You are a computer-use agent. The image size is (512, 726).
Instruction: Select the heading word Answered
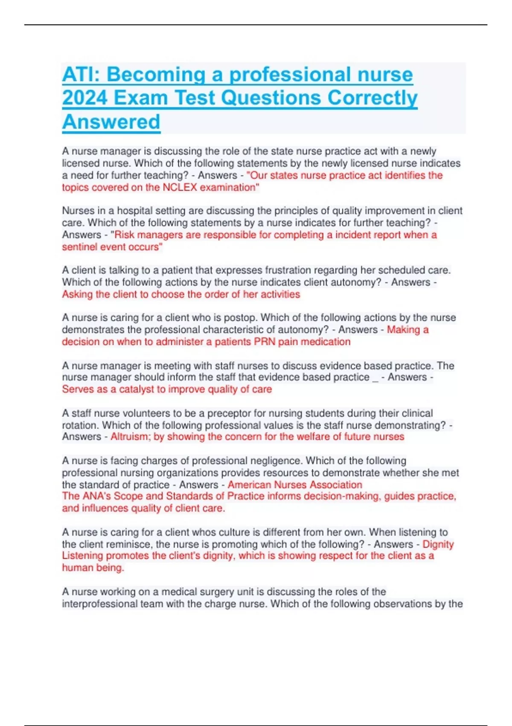tap(111, 122)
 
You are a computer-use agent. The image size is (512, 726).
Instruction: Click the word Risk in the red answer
tap(125, 235)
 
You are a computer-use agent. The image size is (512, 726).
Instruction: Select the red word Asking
tap(77, 295)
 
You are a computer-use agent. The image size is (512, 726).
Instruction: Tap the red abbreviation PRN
tap(265, 342)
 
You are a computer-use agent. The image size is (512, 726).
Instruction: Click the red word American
tap(249, 485)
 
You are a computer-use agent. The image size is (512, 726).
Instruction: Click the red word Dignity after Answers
tap(438, 544)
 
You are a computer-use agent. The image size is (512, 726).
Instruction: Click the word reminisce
tap(131, 544)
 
